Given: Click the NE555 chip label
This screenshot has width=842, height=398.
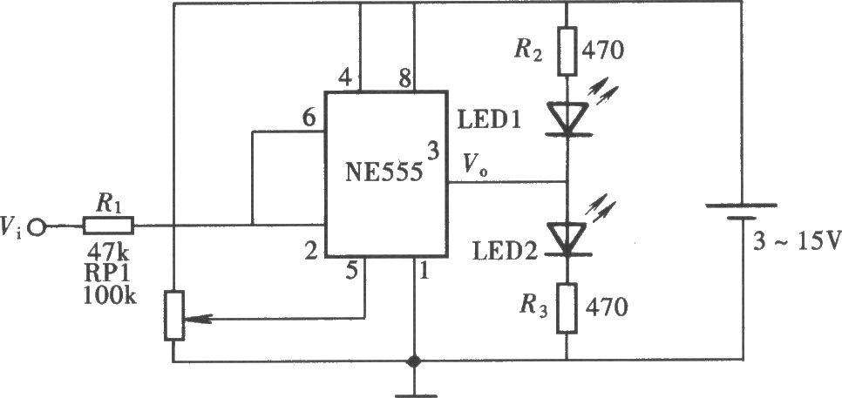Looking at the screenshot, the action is coord(384,174).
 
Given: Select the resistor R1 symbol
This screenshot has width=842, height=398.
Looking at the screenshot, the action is coord(108,226).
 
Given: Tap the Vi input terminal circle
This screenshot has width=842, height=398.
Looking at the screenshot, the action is coord(37,227).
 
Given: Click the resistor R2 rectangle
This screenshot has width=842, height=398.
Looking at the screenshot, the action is coord(567,51).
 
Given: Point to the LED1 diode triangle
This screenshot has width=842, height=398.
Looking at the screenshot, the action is coord(567,118).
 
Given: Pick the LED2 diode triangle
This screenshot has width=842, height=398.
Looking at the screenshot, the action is coord(567,238).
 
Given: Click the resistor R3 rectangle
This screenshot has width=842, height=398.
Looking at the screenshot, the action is coord(567,308).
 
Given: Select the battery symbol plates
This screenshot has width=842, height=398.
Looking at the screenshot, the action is coord(742,212).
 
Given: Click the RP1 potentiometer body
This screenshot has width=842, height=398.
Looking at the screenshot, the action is coord(174,315).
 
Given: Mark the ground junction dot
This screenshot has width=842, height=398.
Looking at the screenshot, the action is coord(413,361).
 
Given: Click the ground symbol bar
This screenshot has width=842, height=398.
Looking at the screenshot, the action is coord(415,396).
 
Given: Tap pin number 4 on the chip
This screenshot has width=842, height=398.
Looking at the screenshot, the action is coord(345,79).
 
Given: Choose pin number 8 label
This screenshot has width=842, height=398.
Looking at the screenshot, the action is coord(404,79).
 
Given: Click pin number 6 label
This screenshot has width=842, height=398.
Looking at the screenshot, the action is coord(309,120).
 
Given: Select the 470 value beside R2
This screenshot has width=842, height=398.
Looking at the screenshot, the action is coord(604,51).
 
